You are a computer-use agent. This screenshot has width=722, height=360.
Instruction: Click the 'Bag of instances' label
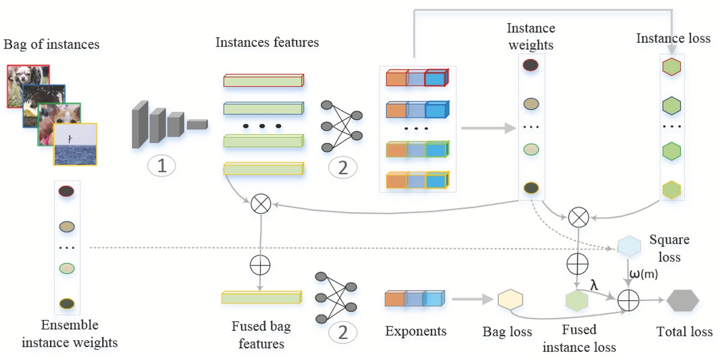tap(52, 45)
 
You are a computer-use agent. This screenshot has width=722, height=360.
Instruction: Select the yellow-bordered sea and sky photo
tap(75, 145)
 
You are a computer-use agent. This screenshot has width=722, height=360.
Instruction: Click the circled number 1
tap(162, 166)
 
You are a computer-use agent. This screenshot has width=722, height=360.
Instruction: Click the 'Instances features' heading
tap(267, 42)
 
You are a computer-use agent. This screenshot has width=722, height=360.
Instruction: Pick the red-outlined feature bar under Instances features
tap(263, 81)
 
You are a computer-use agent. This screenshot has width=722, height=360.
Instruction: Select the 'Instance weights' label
tap(531, 36)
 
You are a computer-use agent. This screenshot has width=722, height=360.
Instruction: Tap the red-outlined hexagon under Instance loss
tap(671, 67)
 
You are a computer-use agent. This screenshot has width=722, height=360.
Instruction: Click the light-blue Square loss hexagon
tap(629, 246)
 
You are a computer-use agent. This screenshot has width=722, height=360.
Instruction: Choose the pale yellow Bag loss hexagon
tap(510, 300)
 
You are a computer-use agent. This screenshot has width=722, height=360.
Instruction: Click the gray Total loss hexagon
tap(682, 301)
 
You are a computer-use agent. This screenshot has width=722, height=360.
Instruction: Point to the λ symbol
tap(594, 284)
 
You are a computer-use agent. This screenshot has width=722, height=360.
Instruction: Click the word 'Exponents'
tap(415, 331)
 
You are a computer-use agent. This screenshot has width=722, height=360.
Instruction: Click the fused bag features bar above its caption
tap(261, 297)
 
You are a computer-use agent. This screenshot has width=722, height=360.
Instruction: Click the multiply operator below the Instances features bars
tap(260, 204)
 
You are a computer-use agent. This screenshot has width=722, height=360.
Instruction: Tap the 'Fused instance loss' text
tap(579, 338)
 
